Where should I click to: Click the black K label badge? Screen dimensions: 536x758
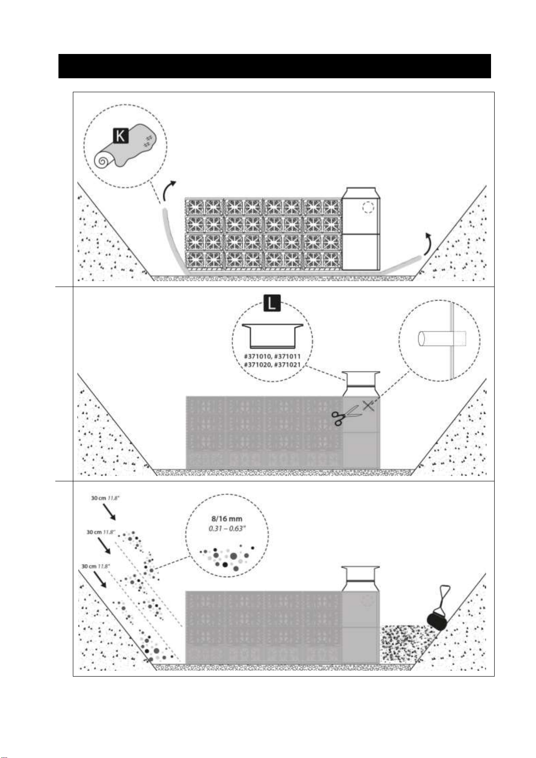120,136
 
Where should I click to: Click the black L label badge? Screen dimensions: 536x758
272,303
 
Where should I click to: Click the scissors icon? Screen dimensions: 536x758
344,414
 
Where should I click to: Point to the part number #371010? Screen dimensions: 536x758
257,356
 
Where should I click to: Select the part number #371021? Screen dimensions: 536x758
287,365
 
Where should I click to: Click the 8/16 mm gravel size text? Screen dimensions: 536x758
227,519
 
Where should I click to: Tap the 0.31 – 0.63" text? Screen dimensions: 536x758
227,529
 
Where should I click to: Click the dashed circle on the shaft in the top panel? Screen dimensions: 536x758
369,207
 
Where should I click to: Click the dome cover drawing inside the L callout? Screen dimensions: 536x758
272,336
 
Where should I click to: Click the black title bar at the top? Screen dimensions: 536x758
275,66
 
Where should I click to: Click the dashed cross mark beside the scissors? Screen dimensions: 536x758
369,405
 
